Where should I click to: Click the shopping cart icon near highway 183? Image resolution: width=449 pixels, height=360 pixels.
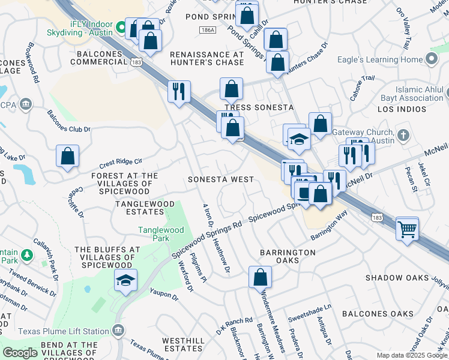coord(408,229)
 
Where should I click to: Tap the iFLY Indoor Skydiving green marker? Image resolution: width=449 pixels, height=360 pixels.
coord(121,28)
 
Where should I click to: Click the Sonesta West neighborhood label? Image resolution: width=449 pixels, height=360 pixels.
coord(220,179)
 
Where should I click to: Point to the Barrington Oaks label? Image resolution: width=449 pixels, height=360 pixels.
coord(288,257)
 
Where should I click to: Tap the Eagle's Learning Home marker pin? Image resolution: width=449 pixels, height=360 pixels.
coord(431,59)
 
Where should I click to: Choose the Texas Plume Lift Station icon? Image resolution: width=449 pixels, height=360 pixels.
coord(118,331)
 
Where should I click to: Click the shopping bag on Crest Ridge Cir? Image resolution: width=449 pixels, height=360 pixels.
coord(68,156)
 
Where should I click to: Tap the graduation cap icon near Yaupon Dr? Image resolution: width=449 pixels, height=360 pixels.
coord(125,280)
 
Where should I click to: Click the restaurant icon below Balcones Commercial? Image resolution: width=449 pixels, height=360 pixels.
coord(179,92)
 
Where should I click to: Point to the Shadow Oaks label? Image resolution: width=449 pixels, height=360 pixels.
coord(397,278)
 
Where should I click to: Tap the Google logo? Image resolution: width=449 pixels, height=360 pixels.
coord(20,353)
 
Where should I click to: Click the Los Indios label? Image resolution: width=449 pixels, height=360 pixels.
coord(402,110)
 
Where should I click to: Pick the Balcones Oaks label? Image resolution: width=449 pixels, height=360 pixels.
coord(378,314)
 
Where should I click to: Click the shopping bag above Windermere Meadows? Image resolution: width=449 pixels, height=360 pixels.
coord(260,277)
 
